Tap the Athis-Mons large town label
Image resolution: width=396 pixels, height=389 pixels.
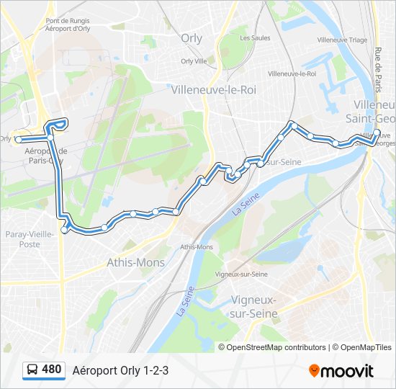tap(135, 262)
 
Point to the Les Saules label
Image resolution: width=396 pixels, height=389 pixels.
tap(254, 37)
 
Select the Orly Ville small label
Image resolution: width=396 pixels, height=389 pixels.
tap(194, 61)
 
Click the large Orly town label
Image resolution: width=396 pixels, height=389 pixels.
tap(192, 40)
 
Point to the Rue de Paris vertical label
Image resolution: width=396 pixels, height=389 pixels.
tap(377, 69)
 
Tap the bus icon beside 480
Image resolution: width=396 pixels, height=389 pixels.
tap(32, 370)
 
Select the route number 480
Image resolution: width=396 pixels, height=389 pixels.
tap(51, 370)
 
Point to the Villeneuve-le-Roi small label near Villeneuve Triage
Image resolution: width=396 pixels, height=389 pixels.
tap(292, 73)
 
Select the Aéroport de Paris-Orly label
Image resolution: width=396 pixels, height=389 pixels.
tap(45, 156)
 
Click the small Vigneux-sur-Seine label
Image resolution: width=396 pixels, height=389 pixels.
tap(241, 274)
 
